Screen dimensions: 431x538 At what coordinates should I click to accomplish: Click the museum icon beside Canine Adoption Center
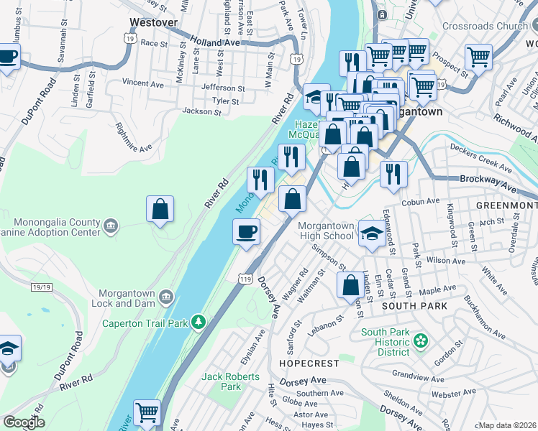(x=110, y=228)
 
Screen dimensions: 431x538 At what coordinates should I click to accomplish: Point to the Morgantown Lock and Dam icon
(x=165, y=295)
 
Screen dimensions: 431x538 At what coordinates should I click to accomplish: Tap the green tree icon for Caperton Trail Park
(x=202, y=323)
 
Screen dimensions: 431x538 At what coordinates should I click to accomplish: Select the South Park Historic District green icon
(x=422, y=339)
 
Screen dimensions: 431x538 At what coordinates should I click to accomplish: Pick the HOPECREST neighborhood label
(x=304, y=364)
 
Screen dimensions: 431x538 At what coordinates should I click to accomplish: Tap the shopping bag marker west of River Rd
(x=160, y=209)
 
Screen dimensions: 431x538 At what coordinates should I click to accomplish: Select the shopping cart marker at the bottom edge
(x=147, y=412)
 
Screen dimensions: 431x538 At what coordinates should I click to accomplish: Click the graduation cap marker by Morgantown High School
(x=371, y=233)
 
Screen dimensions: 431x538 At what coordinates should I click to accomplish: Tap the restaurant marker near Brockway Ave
(x=393, y=173)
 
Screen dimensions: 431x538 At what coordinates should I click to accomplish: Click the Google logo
(x=24, y=422)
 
